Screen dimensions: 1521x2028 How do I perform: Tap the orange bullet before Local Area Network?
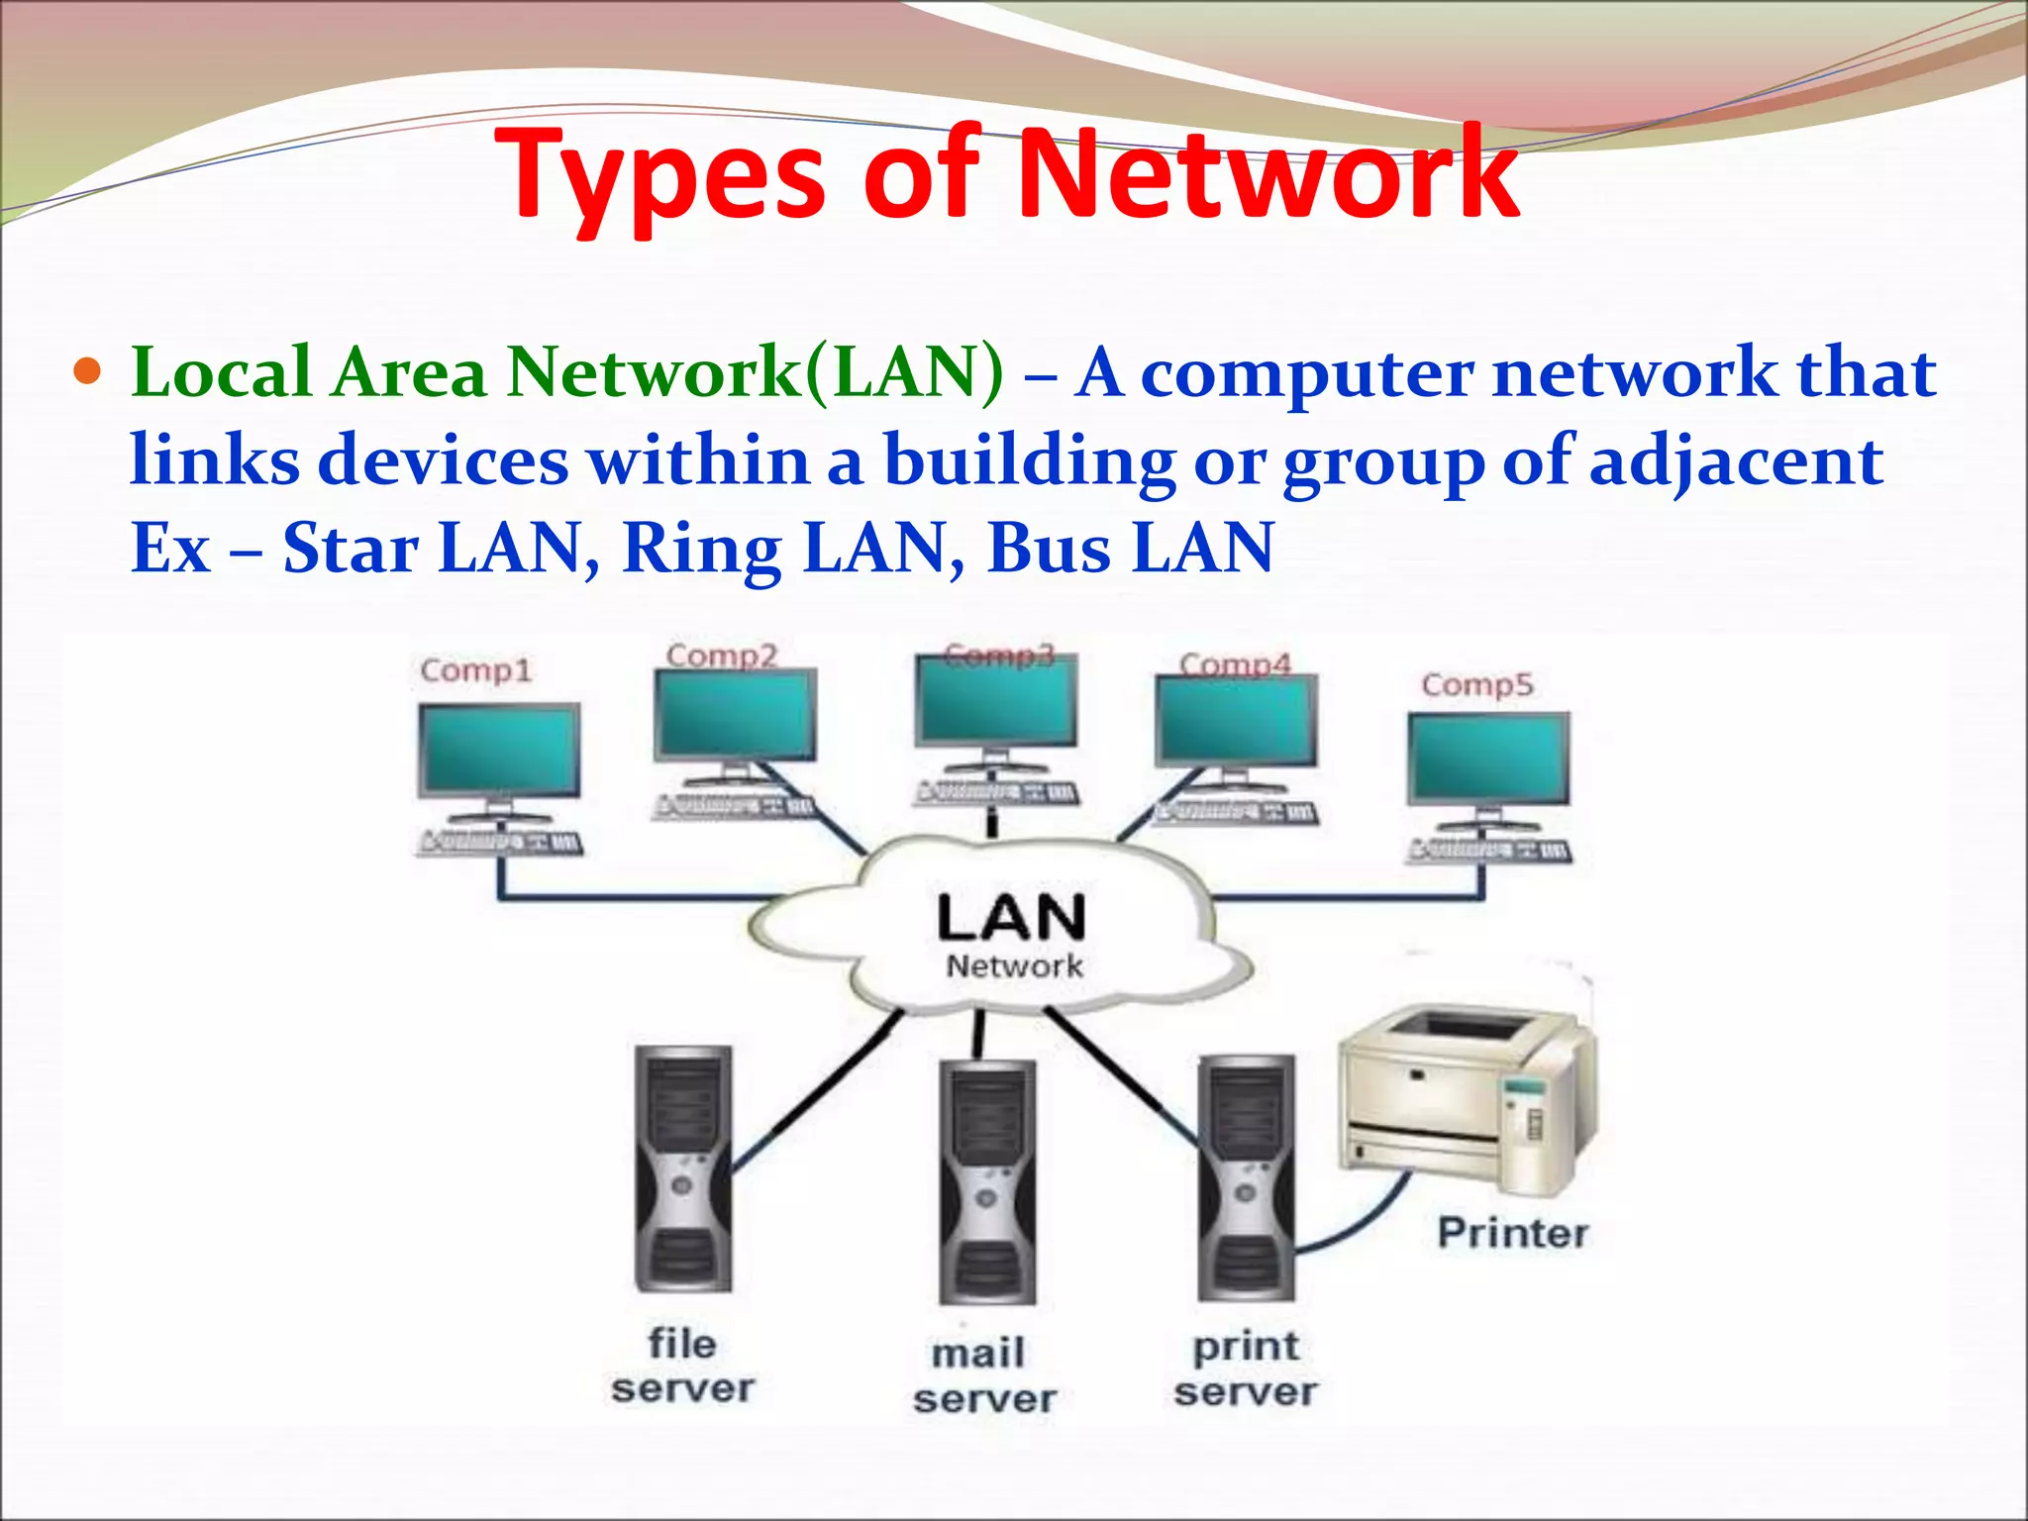click(x=89, y=372)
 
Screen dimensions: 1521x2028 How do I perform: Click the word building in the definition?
click(x=1030, y=460)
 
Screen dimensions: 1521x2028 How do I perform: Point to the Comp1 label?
click(x=476, y=670)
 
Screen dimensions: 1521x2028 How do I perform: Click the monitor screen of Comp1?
click(x=499, y=749)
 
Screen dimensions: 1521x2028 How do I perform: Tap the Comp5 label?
click(x=1477, y=684)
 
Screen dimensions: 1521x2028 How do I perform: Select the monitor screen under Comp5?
click(x=1489, y=759)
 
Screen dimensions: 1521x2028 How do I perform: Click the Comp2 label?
click(x=722, y=655)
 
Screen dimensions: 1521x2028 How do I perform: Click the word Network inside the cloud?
click(x=1015, y=965)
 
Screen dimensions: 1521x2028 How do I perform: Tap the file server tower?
click(x=683, y=1168)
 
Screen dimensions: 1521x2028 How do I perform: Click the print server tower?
click(x=1247, y=1177)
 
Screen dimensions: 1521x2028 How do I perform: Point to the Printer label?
click(x=1513, y=1233)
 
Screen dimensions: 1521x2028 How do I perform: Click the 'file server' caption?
click(x=682, y=1367)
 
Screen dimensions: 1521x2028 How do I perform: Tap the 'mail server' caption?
click(x=984, y=1376)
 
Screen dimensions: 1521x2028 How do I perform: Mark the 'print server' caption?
click(x=1246, y=1369)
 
